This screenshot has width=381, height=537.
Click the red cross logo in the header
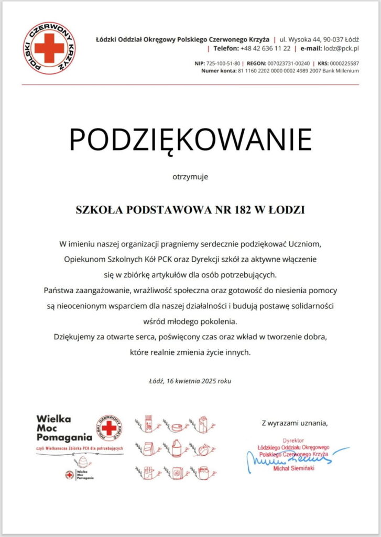pos(49,48)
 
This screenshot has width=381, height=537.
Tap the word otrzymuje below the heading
pos(190,177)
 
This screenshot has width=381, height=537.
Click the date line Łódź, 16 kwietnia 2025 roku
pos(190,381)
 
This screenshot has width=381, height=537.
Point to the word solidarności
pos(304,305)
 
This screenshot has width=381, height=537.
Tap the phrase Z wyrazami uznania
pos(296,423)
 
